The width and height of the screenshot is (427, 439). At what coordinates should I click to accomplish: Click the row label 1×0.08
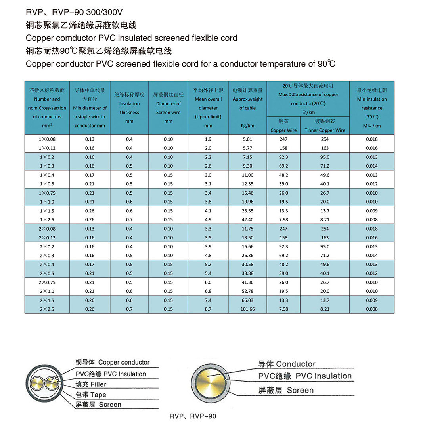[47, 139]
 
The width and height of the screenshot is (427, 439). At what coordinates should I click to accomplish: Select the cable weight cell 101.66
[247, 309]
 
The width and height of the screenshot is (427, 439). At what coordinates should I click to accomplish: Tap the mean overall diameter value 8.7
[208, 309]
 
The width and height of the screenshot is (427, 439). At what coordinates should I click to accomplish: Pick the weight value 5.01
[247, 139]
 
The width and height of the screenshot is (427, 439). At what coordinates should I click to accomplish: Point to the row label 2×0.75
[47, 282]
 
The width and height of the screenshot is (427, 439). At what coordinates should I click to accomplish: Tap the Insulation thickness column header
[129, 108]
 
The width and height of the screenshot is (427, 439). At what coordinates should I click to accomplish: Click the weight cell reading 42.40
[247, 220]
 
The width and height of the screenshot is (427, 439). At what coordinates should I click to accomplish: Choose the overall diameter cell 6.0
[208, 282]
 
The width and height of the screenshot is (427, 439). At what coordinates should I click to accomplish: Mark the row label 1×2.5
[47, 220]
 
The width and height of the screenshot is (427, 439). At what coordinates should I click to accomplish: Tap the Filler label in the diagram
[98, 384]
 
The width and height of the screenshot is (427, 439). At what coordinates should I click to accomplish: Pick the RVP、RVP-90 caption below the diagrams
[193, 416]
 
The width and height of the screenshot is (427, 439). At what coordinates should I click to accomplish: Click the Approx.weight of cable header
[247, 104]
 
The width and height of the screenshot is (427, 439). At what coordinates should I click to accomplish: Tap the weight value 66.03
[247, 300]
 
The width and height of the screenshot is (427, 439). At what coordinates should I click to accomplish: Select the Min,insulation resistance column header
[371, 108]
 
